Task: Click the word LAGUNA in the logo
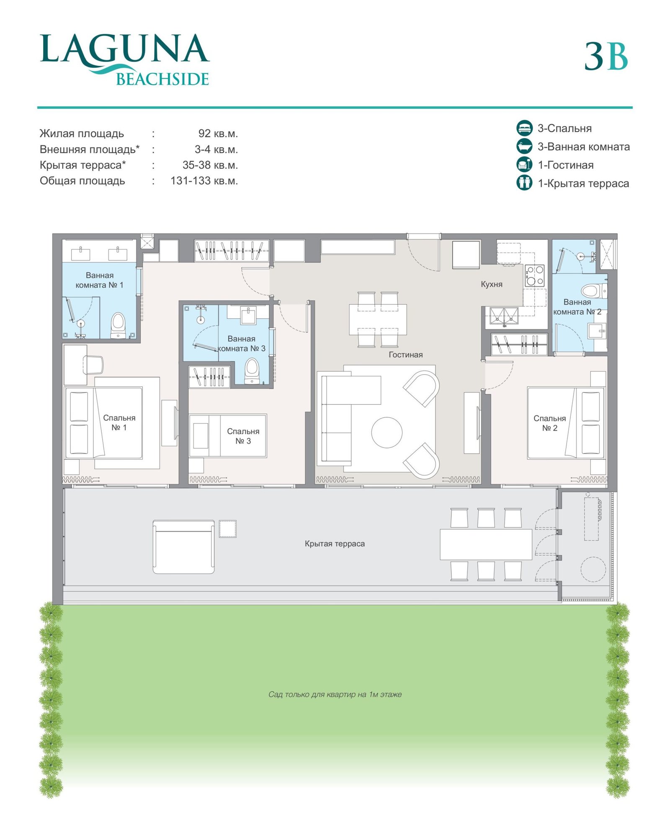(x=124, y=49)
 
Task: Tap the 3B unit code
(x=606, y=57)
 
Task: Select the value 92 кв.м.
(x=218, y=134)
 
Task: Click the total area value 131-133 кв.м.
(x=204, y=181)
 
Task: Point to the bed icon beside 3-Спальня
(x=524, y=128)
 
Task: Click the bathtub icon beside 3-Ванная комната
(x=524, y=146)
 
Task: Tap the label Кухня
(x=491, y=284)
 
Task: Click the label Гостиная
(x=405, y=355)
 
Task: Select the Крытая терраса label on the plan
(x=335, y=543)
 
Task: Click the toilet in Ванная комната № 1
(x=118, y=325)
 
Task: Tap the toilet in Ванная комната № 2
(x=594, y=290)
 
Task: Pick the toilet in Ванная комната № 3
(x=252, y=370)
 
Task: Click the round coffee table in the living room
(x=387, y=432)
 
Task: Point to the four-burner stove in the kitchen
(x=535, y=275)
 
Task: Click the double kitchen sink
(x=504, y=316)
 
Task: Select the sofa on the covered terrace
(x=183, y=547)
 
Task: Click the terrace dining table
(x=486, y=544)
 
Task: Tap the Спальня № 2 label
(x=549, y=423)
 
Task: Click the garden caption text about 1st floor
(x=335, y=694)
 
